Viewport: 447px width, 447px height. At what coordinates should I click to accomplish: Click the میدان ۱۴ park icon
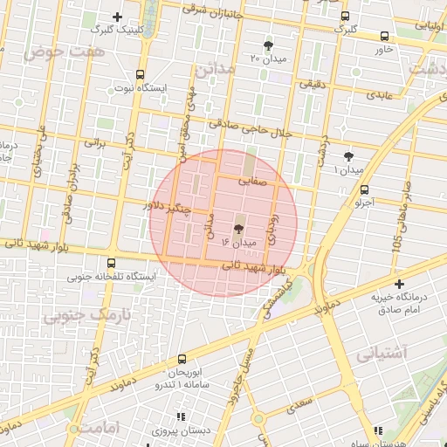coord(238,227)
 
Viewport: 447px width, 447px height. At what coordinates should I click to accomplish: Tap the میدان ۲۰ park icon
coord(267,45)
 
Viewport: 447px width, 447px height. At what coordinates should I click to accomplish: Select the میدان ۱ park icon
coord(349,156)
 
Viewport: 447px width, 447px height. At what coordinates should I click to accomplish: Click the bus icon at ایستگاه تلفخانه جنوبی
coord(111,263)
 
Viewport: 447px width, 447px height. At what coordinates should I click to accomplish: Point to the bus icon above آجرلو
coord(364,189)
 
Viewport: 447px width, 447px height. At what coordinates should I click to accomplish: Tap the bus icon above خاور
coord(385,36)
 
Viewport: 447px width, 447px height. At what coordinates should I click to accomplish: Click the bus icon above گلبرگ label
coord(346,16)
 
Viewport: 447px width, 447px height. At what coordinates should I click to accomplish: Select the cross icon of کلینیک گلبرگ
coord(118,17)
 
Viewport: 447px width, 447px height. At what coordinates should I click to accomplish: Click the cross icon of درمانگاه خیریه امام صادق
coord(399,284)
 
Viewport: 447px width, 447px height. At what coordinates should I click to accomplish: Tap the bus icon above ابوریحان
coord(182,359)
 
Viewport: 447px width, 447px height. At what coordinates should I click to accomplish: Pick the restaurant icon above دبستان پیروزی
coord(181,417)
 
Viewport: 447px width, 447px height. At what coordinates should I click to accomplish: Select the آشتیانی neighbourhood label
coord(382,354)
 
